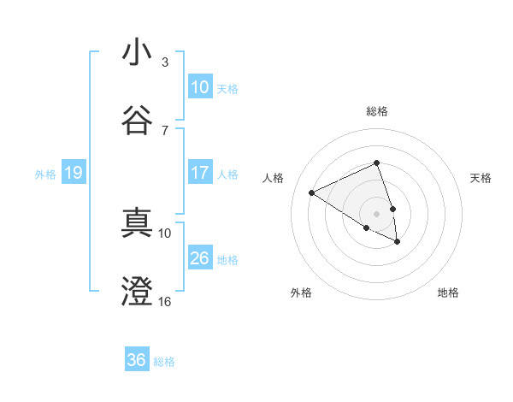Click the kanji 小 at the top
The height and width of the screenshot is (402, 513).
tap(137, 53)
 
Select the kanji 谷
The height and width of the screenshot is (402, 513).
tap(137, 121)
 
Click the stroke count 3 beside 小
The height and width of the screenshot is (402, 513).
tap(165, 62)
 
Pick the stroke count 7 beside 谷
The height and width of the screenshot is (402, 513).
tap(165, 130)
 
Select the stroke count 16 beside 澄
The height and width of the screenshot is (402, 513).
tap(165, 301)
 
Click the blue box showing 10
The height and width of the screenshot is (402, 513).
tap(200, 87)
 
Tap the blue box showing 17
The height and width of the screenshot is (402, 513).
tap(200, 173)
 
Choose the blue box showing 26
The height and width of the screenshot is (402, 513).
tap(200, 258)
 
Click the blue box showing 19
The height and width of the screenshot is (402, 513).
tap(74, 174)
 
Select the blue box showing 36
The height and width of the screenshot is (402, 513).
tap(137, 360)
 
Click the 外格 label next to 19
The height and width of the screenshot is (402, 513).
tap(45, 174)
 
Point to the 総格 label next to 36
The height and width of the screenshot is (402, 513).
tap(164, 361)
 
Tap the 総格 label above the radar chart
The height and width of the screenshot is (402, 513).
tap(377, 111)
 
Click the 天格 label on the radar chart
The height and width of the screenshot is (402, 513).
tap(481, 178)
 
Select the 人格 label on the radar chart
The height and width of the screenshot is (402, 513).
tap(274, 178)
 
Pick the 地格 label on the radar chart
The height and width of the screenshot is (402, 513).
tap(448, 293)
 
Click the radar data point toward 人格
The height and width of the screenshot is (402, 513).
tap(312, 193)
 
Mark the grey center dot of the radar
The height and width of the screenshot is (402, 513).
tap(377, 213)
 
